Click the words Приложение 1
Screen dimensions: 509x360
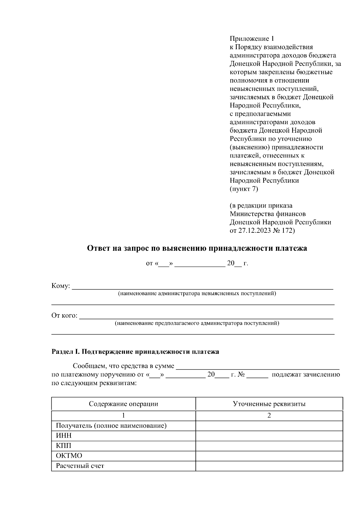(x=252, y=39)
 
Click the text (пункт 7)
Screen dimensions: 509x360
(x=244, y=189)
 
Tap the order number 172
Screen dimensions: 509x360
(x=287, y=231)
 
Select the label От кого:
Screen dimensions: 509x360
(x=64, y=316)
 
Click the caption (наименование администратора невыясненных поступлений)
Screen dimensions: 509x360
(x=197, y=293)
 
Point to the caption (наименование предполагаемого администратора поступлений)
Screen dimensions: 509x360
(x=197, y=323)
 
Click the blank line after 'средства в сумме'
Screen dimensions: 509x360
(x=257, y=367)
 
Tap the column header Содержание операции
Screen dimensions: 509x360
(x=123, y=404)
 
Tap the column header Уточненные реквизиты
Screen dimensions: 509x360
(x=269, y=404)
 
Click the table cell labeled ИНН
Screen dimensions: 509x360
(x=64, y=436)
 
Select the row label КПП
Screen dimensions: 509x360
(x=64, y=446)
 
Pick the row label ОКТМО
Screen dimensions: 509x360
(x=69, y=456)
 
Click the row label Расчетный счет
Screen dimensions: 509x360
(x=80, y=466)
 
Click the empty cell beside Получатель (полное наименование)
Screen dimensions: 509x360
(x=269, y=426)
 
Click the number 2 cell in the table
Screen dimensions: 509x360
(x=269, y=416)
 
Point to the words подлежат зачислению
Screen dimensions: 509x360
(x=305, y=375)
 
